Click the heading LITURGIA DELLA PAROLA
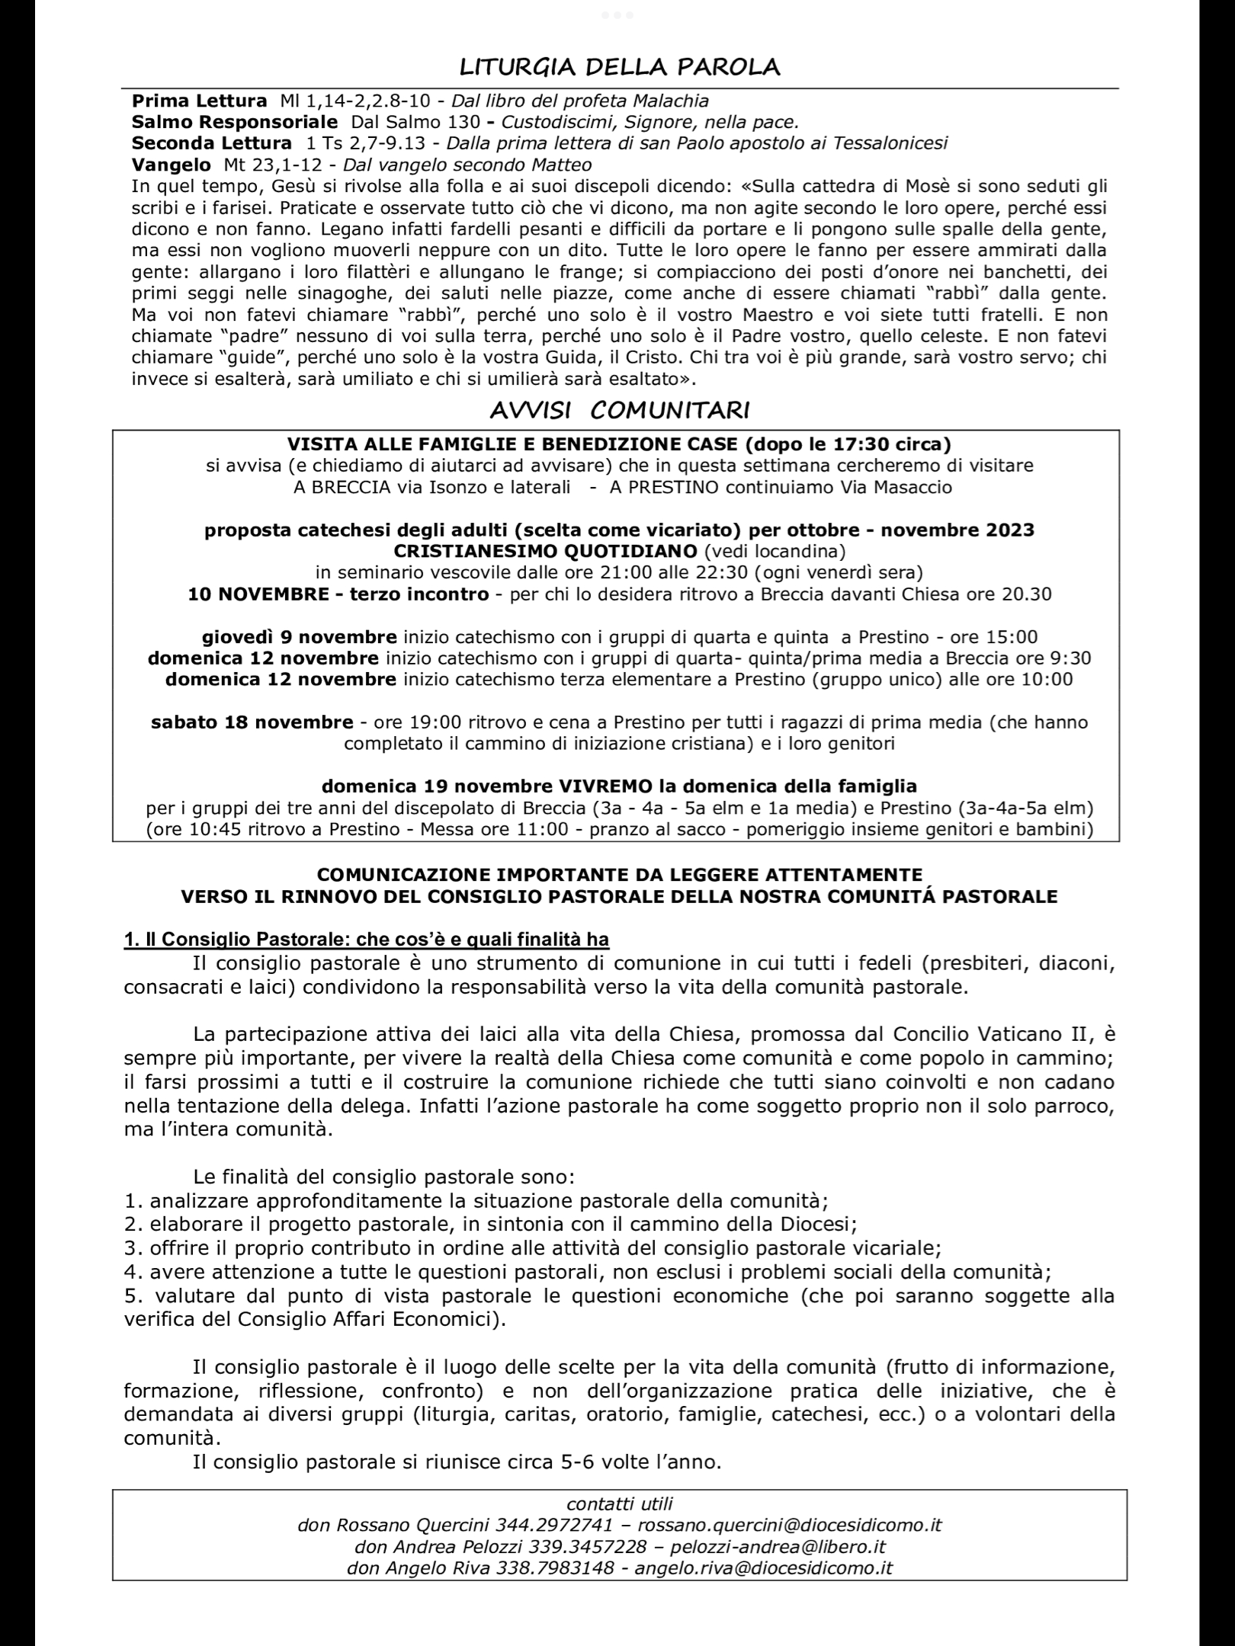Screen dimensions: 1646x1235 pos(619,68)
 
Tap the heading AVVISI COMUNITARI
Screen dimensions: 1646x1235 pos(619,411)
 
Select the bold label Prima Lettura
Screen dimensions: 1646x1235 pos(199,101)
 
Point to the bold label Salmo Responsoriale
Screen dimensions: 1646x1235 pos(234,122)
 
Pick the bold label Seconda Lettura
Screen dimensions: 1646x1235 pos(211,143)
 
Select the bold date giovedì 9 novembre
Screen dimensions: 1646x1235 pos(299,637)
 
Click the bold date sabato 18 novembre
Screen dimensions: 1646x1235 pos(252,722)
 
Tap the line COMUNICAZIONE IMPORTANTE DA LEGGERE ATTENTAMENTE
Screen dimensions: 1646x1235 pos(619,875)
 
